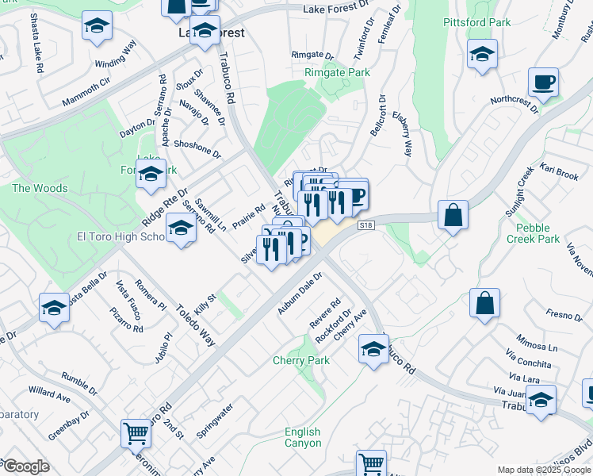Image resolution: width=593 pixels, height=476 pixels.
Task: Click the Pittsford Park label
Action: (477, 22)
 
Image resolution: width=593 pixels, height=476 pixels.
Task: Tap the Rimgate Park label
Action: (337, 72)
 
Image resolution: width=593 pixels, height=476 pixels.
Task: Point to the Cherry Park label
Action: (300, 360)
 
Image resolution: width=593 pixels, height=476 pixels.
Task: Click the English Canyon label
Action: (303, 438)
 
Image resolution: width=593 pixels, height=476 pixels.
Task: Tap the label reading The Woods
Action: (40, 188)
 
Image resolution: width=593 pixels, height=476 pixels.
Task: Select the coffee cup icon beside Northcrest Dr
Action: (543, 83)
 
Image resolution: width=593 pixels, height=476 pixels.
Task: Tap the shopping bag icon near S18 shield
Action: (453, 215)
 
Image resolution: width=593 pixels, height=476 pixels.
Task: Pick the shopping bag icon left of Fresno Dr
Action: (484, 303)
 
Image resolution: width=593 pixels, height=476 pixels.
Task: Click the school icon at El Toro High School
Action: (182, 230)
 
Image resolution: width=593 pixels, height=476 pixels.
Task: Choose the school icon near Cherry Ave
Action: (373, 347)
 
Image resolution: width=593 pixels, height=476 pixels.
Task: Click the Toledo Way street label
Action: (195, 327)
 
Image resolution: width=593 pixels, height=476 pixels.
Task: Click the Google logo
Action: (26, 466)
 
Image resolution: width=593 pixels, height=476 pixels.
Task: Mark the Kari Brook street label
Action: (560, 171)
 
